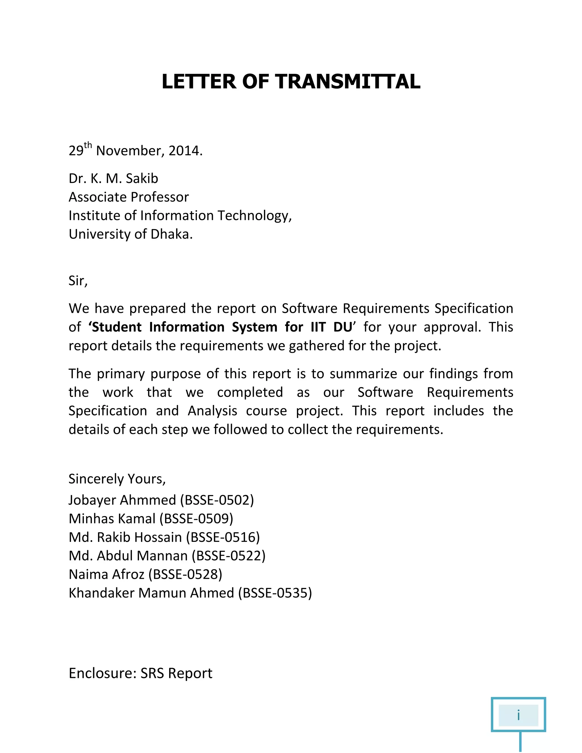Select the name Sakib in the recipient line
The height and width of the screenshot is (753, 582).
tap(142, 179)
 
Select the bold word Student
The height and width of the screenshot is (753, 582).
tap(117, 327)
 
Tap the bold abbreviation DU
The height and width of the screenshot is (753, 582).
tap(343, 327)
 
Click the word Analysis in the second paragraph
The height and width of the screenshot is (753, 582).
tap(212, 411)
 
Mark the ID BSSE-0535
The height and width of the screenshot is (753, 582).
tap(275, 593)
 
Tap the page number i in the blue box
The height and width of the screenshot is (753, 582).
tap(518, 715)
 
